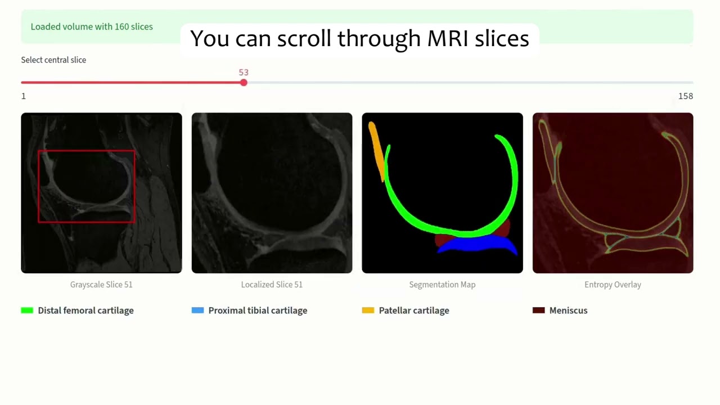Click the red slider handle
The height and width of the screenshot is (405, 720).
[x=244, y=83]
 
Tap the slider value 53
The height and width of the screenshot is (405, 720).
[x=244, y=73]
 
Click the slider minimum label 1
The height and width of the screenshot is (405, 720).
[x=24, y=96]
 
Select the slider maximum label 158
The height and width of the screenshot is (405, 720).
[x=685, y=96]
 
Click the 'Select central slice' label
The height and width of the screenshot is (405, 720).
[x=53, y=60]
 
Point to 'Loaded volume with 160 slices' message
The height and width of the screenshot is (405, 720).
[x=92, y=27]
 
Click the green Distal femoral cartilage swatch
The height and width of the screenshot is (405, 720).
[x=27, y=310]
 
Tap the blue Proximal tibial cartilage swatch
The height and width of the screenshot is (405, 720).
[x=197, y=310]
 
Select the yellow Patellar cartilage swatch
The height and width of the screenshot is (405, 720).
[x=368, y=310]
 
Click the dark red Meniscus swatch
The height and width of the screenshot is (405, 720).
[x=538, y=310]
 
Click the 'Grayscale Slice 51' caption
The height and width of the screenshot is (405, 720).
[x=101, y=285]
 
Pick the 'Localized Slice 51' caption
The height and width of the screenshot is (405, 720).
[x=272, y=285]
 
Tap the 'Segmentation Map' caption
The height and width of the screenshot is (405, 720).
[x=442, y=285]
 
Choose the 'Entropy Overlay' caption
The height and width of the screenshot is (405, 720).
[x=613, y=285]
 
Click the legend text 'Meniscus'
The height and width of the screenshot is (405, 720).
[x=568, y=310]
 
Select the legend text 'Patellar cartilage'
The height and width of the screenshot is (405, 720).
[x=414, y=310]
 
